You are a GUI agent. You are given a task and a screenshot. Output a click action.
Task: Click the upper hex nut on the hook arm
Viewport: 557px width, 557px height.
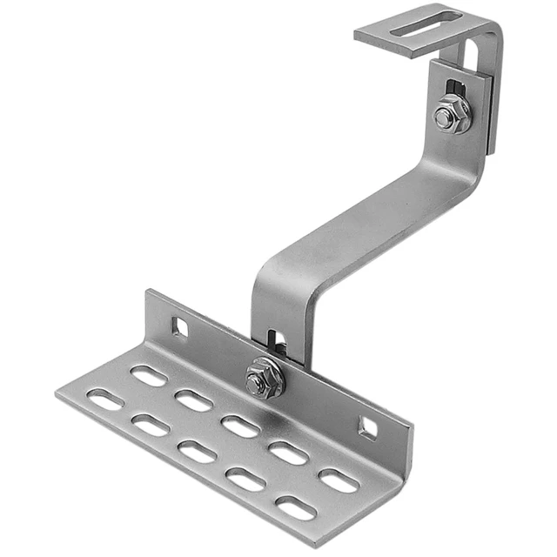(x=453, y=115)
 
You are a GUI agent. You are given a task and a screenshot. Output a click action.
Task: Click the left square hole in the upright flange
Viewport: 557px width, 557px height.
(x=180, y=328)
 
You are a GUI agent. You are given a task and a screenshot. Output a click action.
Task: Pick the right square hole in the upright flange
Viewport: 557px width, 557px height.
(x=368, y=426)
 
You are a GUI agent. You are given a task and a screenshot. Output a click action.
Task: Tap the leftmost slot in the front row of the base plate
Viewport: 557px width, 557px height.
(x=105, y=399)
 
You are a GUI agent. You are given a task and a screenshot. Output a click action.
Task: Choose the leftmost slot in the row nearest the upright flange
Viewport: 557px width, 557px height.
(x=149, y=375)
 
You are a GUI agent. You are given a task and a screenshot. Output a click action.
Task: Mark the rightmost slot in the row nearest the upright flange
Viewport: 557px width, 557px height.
(x=338, y=480)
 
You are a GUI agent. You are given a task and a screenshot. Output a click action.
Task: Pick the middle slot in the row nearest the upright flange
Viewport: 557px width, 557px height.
(x=240, y=426)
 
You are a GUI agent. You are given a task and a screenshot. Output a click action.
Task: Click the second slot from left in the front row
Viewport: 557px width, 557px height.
(x=151, y=426)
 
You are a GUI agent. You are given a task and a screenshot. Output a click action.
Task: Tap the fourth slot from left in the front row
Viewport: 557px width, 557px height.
(x=245, y=480)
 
